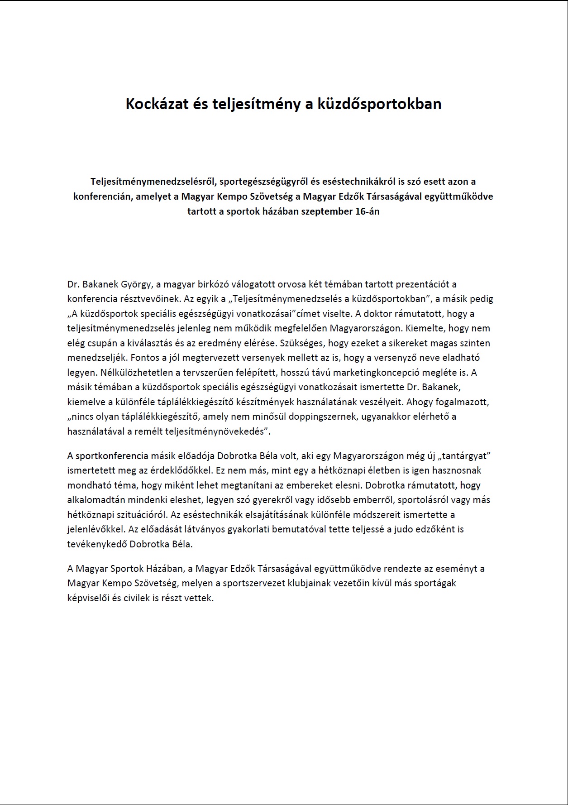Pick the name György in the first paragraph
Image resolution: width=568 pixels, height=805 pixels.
135,284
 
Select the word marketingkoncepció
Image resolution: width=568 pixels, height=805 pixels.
387,373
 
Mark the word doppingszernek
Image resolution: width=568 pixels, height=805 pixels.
322,417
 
